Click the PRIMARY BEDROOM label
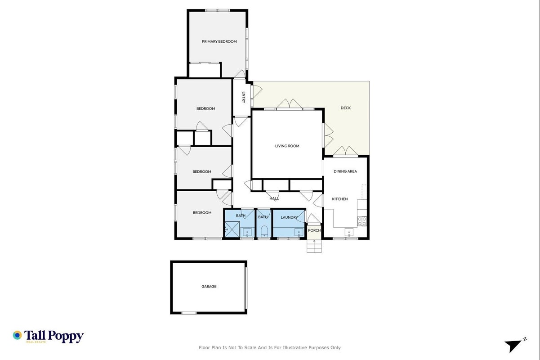(x=219, y=41)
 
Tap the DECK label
(x=345, y=108)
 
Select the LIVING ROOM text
(x=287, y=146)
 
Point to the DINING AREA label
(x=345, y=171)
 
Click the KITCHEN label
(x=339, y=199)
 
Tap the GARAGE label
(x=209, y=286)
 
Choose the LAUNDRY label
(x=289, y=217)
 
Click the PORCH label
(x=314, y=230)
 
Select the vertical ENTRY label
(x=244, y=97)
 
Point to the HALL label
(x=274, y=198)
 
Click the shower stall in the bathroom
(x=232, y=229)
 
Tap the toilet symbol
(x=264, y=232)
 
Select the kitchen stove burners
(x=362, y=221)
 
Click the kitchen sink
(x=349, y=233)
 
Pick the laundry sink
(x=299, y=233)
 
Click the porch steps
(x=314, y=246)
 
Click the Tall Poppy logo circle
(x=18, y=335)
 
